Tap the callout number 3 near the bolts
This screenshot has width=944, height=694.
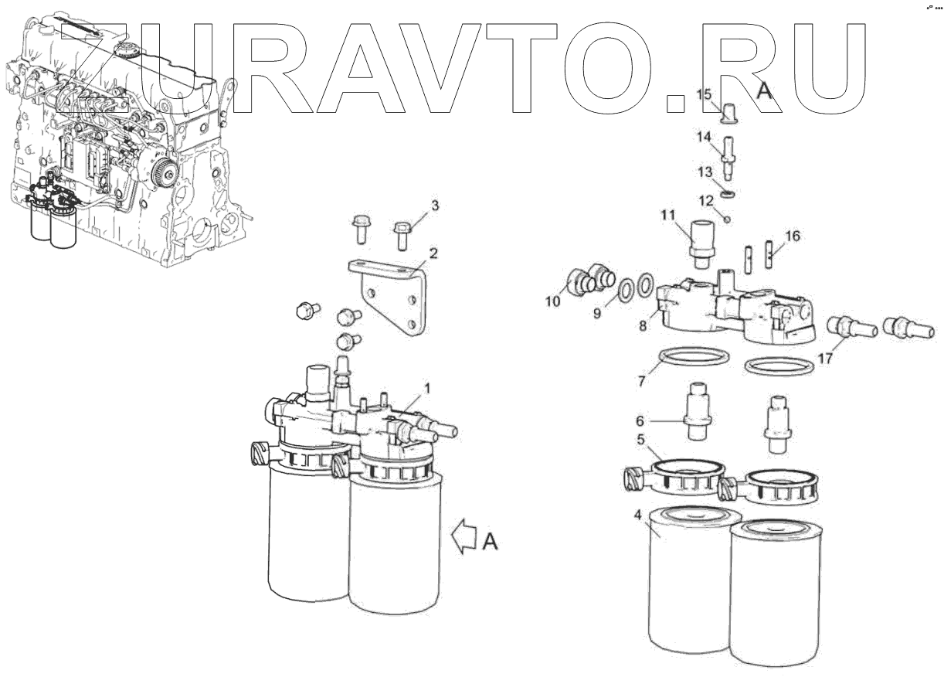click(x=435, y=206)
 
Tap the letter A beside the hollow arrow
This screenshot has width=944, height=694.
click(x=490, y=543)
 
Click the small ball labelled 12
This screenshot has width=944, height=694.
click(x=728, y=219)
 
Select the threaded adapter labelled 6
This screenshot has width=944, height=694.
click(x=698, y=410)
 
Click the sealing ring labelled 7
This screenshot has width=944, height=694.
click(x=694, y=361)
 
